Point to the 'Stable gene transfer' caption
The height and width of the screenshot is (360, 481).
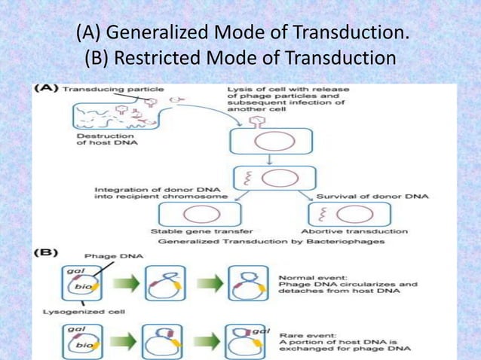click(x=192, y=230)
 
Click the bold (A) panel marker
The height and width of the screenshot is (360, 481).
click(x=47, y=89)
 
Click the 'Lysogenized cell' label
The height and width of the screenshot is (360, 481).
click(x=72, y=310)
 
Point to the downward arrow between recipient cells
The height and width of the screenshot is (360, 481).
click(x=268, y=159)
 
